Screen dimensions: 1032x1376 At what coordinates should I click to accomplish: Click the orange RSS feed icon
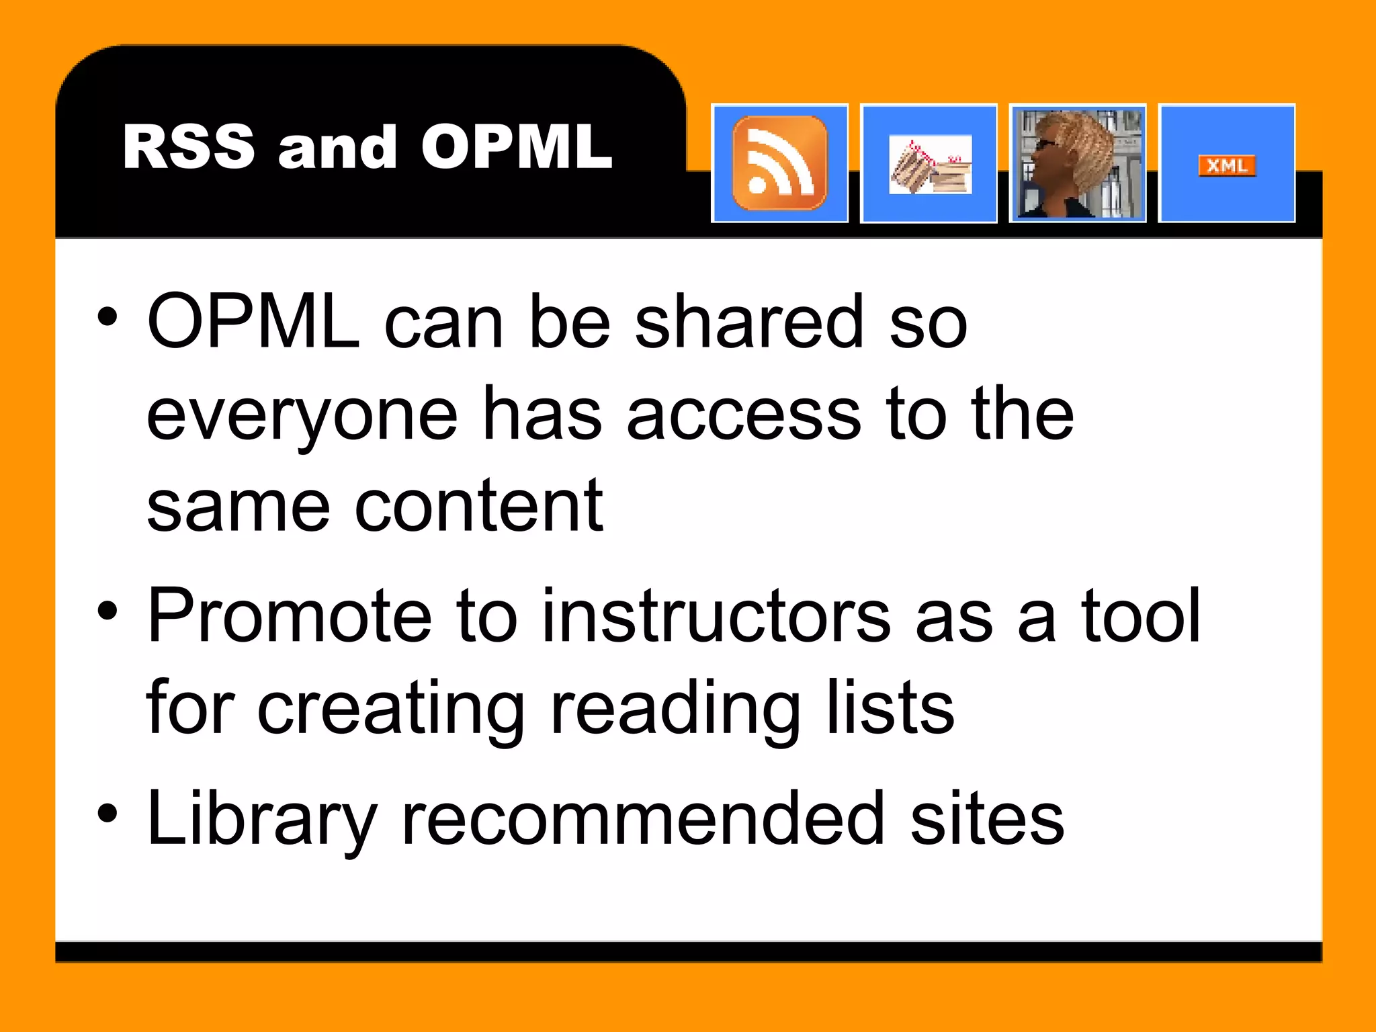coord(779,163)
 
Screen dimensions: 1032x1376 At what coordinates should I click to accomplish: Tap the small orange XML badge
coord(1227,165)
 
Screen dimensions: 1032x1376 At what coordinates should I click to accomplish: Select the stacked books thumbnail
coord(929,165)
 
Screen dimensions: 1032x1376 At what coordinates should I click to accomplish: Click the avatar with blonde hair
coord(1078,163)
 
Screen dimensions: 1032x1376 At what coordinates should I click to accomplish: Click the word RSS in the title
coord(189,147)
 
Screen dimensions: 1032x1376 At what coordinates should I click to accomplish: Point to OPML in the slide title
coord(517,147)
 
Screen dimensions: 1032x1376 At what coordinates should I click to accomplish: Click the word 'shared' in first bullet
coord(748,322)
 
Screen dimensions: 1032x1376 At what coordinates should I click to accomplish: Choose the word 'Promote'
coord(290,615)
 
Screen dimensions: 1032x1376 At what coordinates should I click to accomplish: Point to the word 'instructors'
coord(716,615)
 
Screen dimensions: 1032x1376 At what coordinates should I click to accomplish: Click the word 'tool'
coord(1140,615)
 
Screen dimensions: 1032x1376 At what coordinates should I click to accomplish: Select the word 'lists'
coord(890,707)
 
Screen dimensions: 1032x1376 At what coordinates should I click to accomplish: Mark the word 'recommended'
coord(642,818)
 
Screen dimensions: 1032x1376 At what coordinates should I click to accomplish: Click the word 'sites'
coord(987,818)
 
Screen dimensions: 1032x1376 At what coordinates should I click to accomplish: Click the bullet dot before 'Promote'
coord(107,611)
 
